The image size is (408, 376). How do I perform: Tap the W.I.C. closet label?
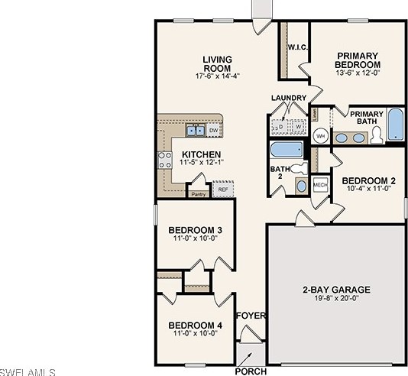pos(297,47)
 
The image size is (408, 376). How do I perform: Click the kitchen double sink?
pos(196,131)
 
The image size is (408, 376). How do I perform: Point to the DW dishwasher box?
pos(214,131)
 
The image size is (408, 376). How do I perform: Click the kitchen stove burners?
pos(164,159)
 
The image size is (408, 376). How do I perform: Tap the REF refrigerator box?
pos(223,189)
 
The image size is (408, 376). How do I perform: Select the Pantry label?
pos(199,194)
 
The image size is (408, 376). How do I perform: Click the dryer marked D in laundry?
pos(280,127)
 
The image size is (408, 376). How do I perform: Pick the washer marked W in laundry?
pos(299,127)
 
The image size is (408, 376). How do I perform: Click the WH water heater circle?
pos(321,136)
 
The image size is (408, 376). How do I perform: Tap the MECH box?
pos(320,184)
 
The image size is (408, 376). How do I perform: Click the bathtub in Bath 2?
pos(287,148)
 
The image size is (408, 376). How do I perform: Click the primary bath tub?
pos(395,125)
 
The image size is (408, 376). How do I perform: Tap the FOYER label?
pos(250,316)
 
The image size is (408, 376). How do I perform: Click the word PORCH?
pos(251,371)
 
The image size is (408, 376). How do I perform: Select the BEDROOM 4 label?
pos(195,326)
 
